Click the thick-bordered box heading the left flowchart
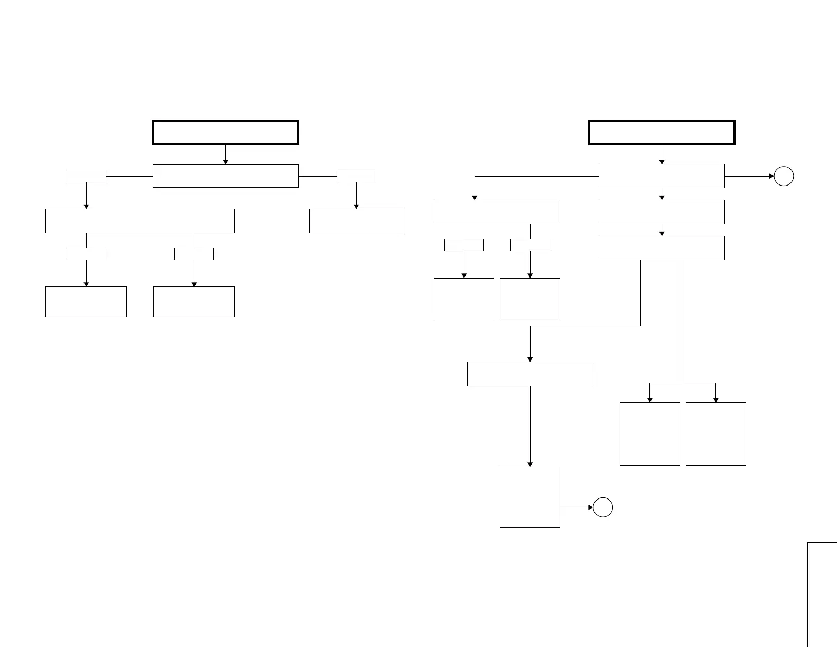coord(225,132)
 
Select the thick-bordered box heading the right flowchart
coord(662,132)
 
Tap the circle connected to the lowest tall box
coord(603,507)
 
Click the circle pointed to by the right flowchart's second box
coord(784,176)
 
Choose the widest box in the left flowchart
coord(139,221)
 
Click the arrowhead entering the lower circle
coord(591,507)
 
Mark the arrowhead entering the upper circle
coord(771,176)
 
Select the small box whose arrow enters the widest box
coord(86,176)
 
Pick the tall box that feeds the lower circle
coord(529,497)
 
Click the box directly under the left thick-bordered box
coord(225,176)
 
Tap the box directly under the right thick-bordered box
coord(662,176)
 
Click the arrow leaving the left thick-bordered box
coord(225,154)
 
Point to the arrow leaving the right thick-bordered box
coord(662,154)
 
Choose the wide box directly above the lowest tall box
coord(529,374)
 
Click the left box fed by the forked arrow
coord(649,433)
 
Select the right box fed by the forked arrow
coord(715,433)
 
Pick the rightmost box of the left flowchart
coord(357,221)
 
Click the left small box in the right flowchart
coord(464,245)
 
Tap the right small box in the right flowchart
coord(530,245)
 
